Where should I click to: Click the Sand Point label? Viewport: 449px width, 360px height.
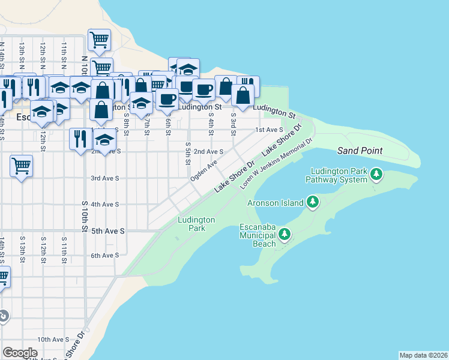tap(360, 150)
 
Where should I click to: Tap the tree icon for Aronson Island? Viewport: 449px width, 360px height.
tap(312, 202)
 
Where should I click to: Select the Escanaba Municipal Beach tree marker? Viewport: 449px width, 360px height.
tap(285, 235)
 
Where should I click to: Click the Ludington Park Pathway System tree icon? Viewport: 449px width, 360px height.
tap(376, 175)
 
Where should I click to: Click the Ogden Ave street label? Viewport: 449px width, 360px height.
tap(203, 170)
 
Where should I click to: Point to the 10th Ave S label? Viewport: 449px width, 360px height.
tap(52, 340)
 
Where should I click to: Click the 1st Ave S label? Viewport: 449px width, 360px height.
tap(268, 130)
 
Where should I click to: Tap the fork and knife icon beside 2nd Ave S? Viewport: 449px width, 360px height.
tap(80, 139)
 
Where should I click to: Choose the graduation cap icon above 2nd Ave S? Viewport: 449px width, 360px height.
tap(105, 141)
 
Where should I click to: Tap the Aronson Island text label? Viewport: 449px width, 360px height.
tap(276, 203)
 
